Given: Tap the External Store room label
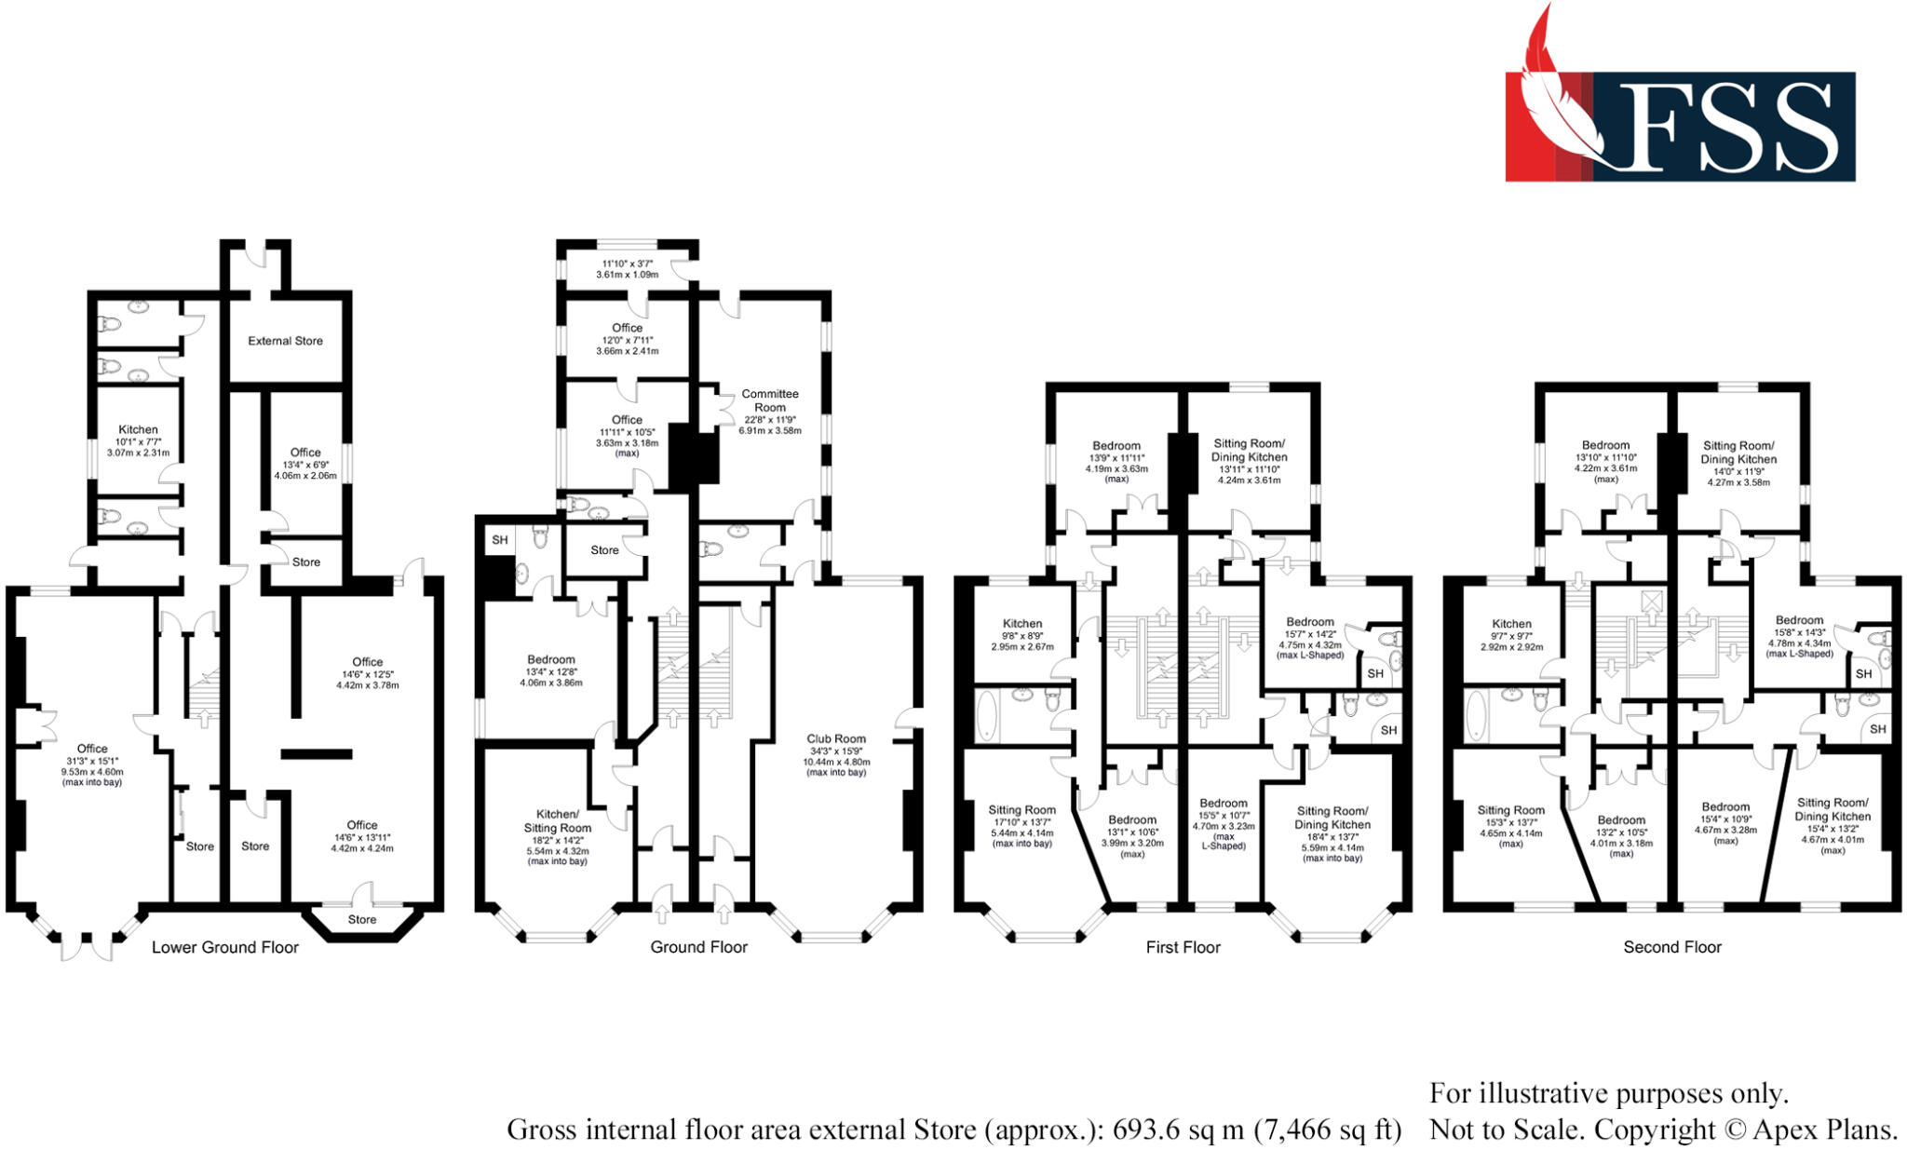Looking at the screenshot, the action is click(285, 341).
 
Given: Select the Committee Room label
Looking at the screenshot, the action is click(770, 400).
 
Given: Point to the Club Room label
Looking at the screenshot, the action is click(835, 738).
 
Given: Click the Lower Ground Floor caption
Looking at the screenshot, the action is click(225, 947).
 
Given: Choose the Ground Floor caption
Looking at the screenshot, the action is click(698, 947).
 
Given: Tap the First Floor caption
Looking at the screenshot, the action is click(1183, 947).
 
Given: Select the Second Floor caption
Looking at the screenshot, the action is click(1672, 947).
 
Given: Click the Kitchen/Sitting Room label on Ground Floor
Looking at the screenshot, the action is click(558, 820).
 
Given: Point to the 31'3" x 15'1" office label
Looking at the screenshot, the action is click(92, 760).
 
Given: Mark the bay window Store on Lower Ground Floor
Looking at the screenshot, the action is click(362, 919).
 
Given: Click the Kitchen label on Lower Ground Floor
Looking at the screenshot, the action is click(138, 429).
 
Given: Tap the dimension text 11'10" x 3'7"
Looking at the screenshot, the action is click(627, 264).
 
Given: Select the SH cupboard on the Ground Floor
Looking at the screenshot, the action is click(500, 540).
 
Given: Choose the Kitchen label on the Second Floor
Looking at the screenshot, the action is click(1511, 624).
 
